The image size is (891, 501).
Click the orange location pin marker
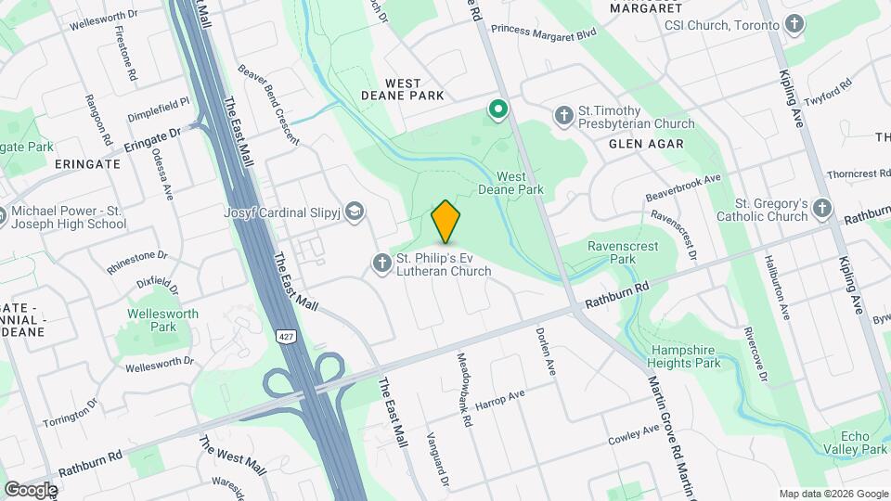[x=446, y=221]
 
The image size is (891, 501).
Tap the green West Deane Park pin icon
[x=498, y=111]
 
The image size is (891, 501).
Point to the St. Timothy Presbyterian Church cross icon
[x=563, y=116]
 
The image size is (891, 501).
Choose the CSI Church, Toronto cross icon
[x=794, y=25]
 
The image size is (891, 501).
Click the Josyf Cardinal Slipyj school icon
[x=354, y=212]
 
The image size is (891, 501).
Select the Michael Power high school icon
[x=2, y=217]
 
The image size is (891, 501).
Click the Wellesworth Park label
[x=163, y=320]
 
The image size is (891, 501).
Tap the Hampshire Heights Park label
[x=685, y=356]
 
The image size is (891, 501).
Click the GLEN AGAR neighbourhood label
[x=646, y=144]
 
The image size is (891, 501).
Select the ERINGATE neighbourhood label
[x=87, y=163]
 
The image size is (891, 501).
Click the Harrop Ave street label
[x=499, y=400]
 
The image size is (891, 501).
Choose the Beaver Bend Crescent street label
[x=268, y=103]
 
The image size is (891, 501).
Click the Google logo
[x=31, y=489]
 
